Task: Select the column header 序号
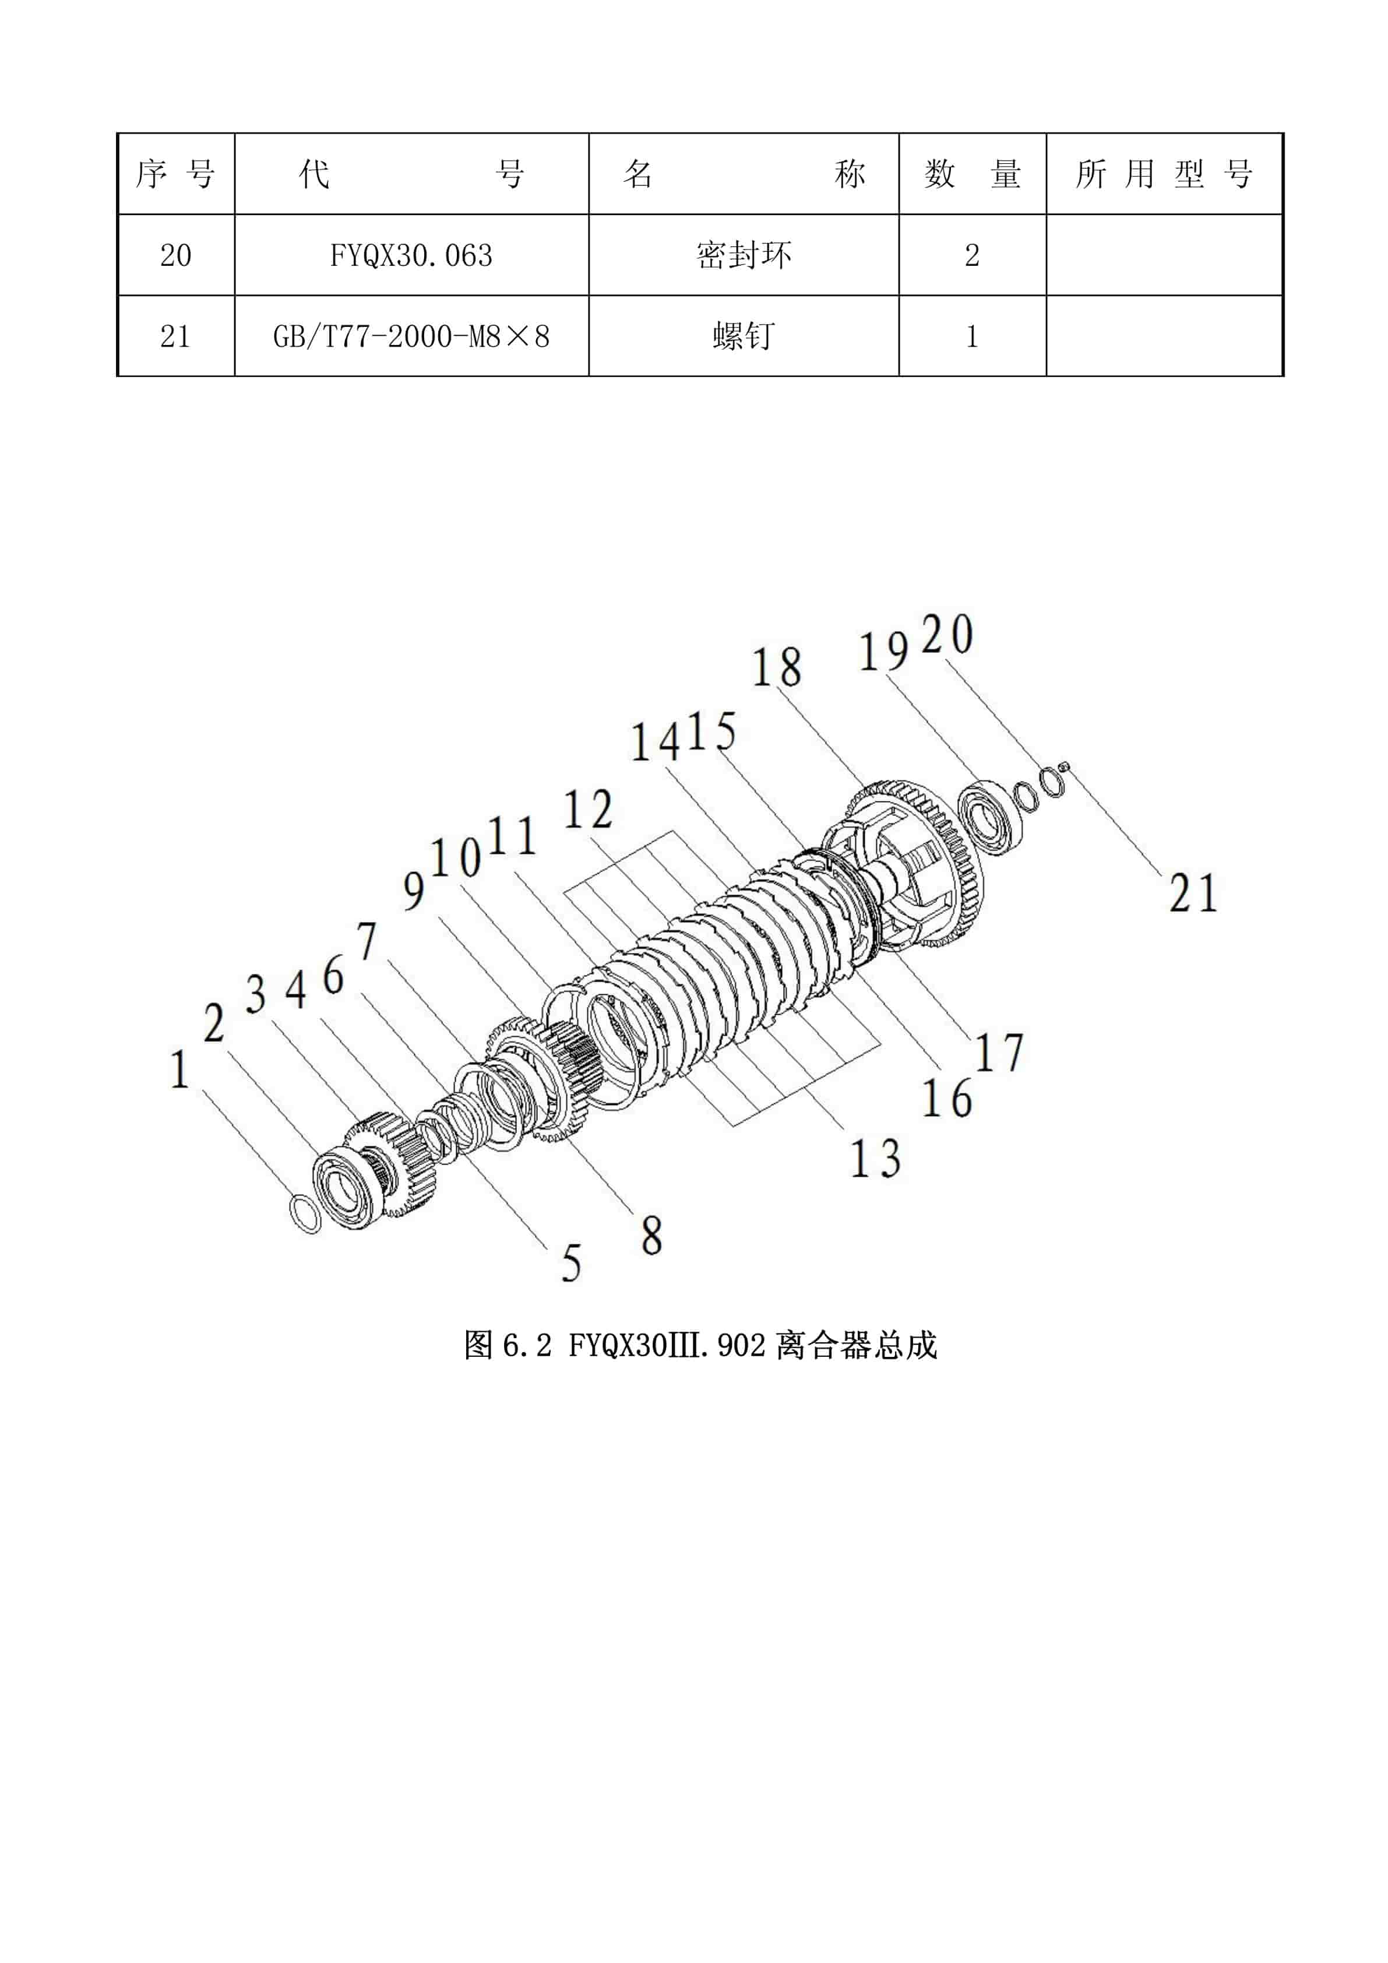[175, 174]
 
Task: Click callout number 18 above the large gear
[776, 669]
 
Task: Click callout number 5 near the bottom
[571, 1263]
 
